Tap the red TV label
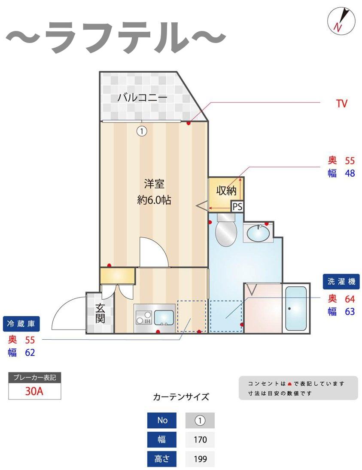pos(341,104)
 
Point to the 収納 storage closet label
pos(226,190)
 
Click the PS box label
pos(237,207)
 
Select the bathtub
pos(296,308)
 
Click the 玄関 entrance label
pos(100,313)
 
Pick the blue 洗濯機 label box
pos(341,282)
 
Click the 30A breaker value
pos(35,392)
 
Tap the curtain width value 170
pos(200,439)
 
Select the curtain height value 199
pos(200,459)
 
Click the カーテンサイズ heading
pos(181,397)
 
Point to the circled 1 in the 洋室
pos(142,131)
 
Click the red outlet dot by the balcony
pos(189,123)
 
